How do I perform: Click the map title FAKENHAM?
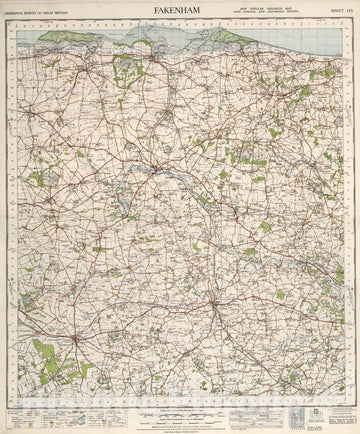[180, 11]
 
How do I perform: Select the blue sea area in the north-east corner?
[320, 40]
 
